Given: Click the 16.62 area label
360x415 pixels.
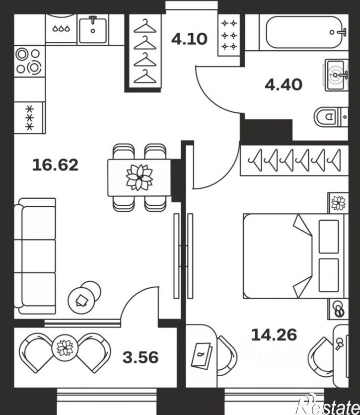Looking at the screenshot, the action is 55,165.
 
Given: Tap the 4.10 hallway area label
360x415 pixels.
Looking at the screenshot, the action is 189,39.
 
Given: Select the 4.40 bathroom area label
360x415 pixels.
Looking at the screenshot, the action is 284,85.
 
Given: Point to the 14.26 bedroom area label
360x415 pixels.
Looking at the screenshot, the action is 274,334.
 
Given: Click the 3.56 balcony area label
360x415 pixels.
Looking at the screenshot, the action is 141,357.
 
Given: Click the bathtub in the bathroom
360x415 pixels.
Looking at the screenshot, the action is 307,32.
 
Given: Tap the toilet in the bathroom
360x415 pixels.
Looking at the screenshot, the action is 331,116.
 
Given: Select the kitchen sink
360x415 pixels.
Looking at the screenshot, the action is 93,30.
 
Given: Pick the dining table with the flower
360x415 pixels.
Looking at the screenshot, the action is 139,177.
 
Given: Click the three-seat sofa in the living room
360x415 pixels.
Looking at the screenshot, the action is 35,256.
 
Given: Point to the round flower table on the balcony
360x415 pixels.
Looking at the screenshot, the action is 65,347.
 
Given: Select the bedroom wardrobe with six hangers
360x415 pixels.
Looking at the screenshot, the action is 294,160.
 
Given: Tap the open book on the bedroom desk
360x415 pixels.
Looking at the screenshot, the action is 202,355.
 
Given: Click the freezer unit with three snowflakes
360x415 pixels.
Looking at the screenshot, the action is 30,118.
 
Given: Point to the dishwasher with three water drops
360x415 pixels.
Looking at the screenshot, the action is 62,29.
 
